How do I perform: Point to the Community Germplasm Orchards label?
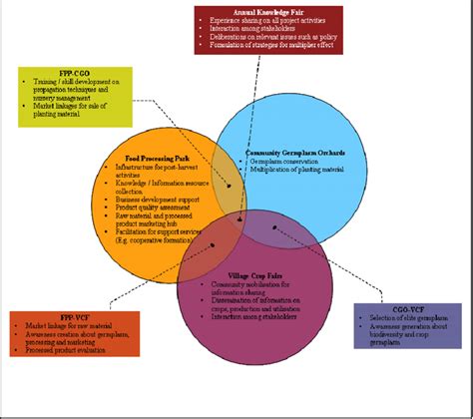click(x=295, y=153)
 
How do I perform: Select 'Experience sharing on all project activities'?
click(x=261, y=20)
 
